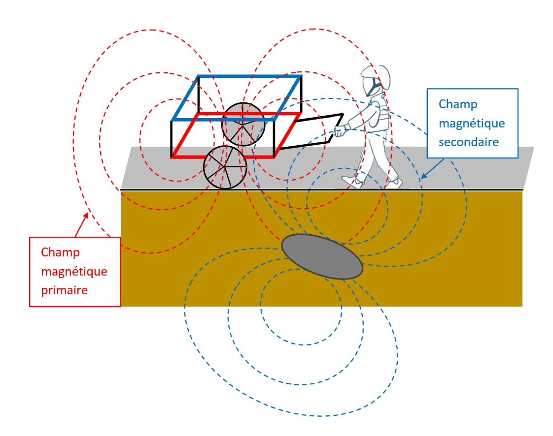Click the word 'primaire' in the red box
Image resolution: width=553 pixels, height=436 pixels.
(64, 290)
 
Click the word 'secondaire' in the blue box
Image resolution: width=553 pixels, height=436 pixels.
(469, 142)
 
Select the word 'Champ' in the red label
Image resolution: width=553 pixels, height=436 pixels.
(60, 253)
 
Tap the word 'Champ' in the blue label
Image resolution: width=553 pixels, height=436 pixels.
(458, 105)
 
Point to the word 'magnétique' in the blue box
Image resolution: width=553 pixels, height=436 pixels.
(472, 123)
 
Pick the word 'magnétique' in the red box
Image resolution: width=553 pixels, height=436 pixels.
(74, 272)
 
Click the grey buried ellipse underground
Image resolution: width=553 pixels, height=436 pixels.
(322, 256)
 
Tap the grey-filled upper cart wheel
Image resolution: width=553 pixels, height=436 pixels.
(243, 125)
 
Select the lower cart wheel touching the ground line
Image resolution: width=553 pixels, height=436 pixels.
(225, 167)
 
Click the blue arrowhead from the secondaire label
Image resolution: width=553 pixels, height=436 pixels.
(424, 175)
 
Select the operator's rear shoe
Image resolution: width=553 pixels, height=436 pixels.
(394, 183)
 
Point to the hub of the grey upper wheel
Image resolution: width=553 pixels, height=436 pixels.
(242, 124)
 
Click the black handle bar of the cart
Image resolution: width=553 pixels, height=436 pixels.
(312, 131)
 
